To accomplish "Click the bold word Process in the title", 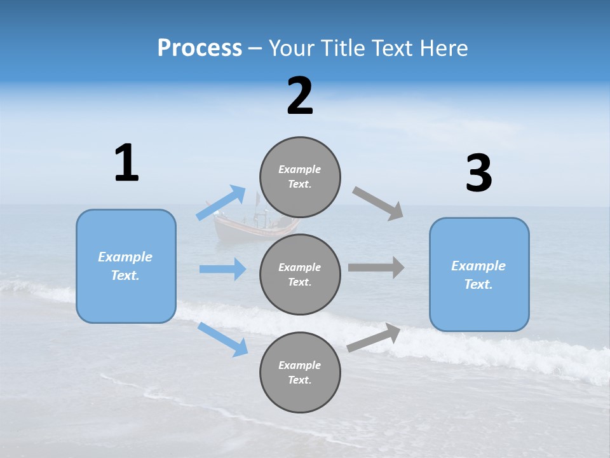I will coord(200,48).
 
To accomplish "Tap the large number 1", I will coord(126,163).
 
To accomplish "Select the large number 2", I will coord(300,96).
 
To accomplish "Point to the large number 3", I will coord(478,174).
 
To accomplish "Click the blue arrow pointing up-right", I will coord(221,203).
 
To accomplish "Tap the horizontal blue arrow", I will coord(222,269).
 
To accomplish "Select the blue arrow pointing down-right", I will coord(222,339).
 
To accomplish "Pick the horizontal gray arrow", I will coord(376,267).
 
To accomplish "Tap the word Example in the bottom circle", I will coord(300,365).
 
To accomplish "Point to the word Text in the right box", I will coord(478,284).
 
